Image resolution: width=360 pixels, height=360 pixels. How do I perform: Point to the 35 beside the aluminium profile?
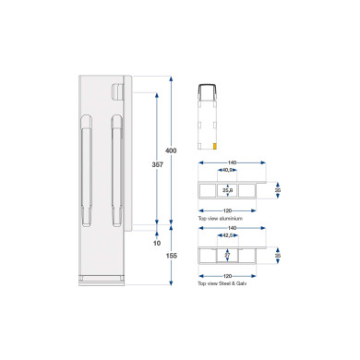pyautogui.click(x=276, y=190)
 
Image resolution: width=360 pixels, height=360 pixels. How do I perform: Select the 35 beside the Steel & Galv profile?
pyautogui.click(x=276, y=257)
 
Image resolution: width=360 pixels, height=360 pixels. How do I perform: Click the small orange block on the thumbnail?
pyautogui.click(x=215, y=145)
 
